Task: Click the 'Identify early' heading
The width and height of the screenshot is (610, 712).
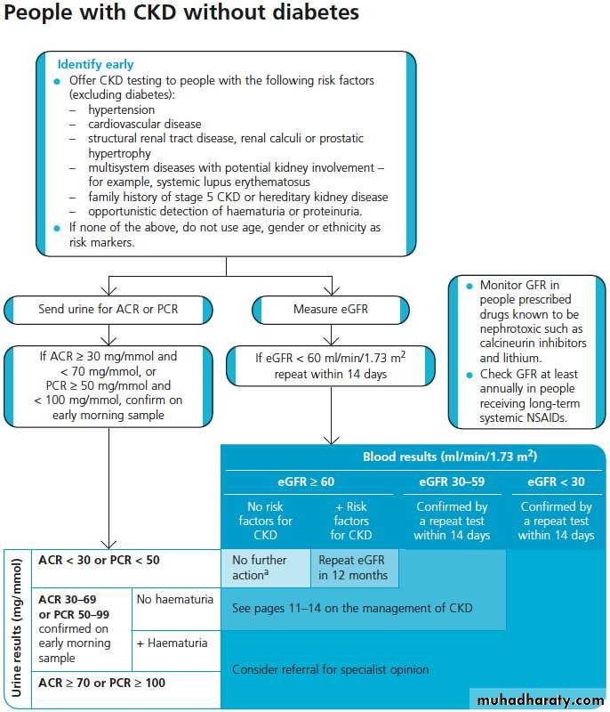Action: pyautogui.click(x=96, y=64)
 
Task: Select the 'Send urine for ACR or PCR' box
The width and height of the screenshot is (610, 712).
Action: pyautogui.click(x=108, y=310)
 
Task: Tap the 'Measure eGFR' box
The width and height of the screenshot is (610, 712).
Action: pyautogui.click(x=331, y=310)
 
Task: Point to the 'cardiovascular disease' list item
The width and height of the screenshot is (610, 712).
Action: pyautogui.click(x=144, y=124)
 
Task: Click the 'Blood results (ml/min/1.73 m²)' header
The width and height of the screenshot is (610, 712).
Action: pyautogui.click(x=449, y=457)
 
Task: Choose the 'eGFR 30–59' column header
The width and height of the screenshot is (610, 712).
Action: pyautogui.click(x=451, y=481)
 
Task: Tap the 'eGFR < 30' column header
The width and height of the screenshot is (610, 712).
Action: pyautogui.click(x=556, y=481)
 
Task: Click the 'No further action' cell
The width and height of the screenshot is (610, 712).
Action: pyautogui.click(x=260, y=568)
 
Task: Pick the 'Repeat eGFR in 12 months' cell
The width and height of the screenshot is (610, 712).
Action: pyautogui.click(x=353, y=568)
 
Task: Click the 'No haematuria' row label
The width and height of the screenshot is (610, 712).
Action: pyautogui.click(x=175, y=600)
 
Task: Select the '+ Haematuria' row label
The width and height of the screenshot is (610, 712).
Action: pyautogui.click(x=172, y=643)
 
